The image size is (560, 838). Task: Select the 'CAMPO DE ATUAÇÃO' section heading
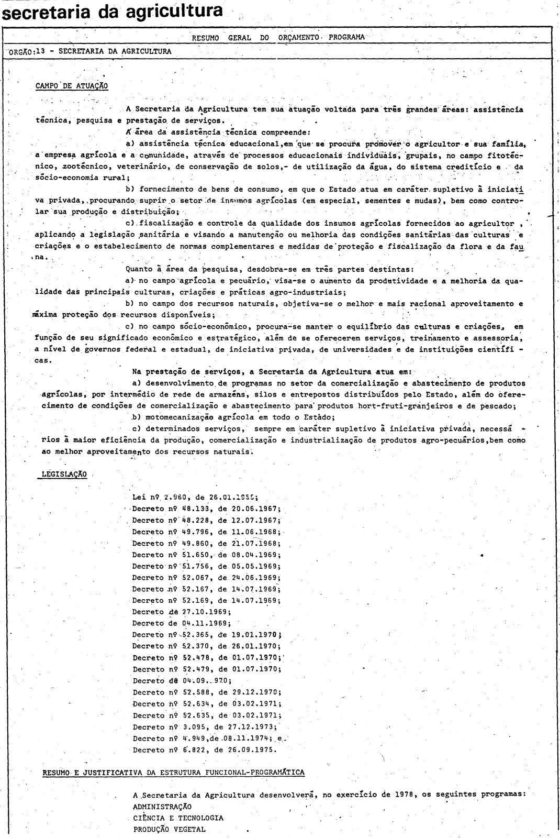[72, 86]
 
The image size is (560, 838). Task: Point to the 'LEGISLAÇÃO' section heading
[63, 475]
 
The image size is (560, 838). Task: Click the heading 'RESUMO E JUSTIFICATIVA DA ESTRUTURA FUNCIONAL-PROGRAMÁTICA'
[173, 773]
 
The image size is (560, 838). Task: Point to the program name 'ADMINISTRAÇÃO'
[162, 806]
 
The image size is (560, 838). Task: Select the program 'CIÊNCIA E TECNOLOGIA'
[178, 818]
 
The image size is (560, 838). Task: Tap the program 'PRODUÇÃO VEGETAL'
[169, 829]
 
